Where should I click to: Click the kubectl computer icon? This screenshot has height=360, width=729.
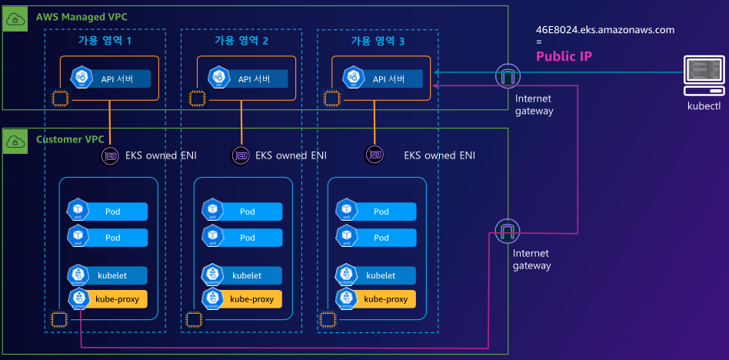point(703,74)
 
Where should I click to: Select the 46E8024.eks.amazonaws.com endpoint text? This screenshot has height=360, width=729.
point(604,30)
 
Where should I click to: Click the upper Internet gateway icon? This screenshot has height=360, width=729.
point(507,76)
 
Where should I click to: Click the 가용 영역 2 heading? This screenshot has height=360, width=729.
point(241,40)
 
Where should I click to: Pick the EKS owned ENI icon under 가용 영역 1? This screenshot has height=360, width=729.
point(110,156)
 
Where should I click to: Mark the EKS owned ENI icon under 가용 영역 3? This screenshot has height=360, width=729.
point(374,155)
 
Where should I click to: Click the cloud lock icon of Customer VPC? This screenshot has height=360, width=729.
point(15,141)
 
